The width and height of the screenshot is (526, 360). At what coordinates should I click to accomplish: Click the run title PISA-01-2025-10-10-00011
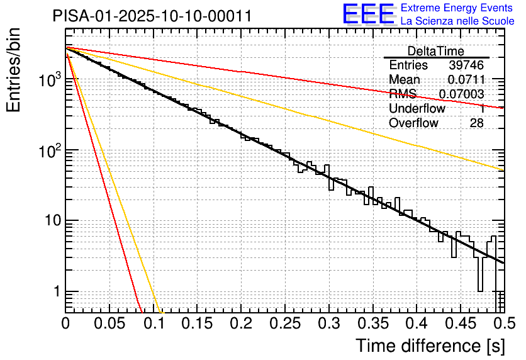[x=152, y=16]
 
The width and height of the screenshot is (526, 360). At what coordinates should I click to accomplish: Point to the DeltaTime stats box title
[x=436, y=51]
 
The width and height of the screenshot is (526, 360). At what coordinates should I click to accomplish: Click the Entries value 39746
[x=466, y=65]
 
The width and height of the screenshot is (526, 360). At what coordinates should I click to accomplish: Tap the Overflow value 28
[x=476, y=123]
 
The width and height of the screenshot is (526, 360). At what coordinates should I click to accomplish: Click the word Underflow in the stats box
[x=417, y=109]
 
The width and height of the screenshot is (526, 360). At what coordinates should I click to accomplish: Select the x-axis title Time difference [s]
[x=430, y=346]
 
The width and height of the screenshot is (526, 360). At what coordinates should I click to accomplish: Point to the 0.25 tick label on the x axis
[x=284, y=325]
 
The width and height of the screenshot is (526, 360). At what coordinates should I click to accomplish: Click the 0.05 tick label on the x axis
[x=109, y=325]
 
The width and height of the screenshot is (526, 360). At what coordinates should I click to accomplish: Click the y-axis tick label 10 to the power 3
[x=49, y=80]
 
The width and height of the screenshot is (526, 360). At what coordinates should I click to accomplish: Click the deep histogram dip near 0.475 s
[x=480, y=277]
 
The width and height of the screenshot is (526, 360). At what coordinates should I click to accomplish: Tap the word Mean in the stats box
[x=405, y=80]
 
